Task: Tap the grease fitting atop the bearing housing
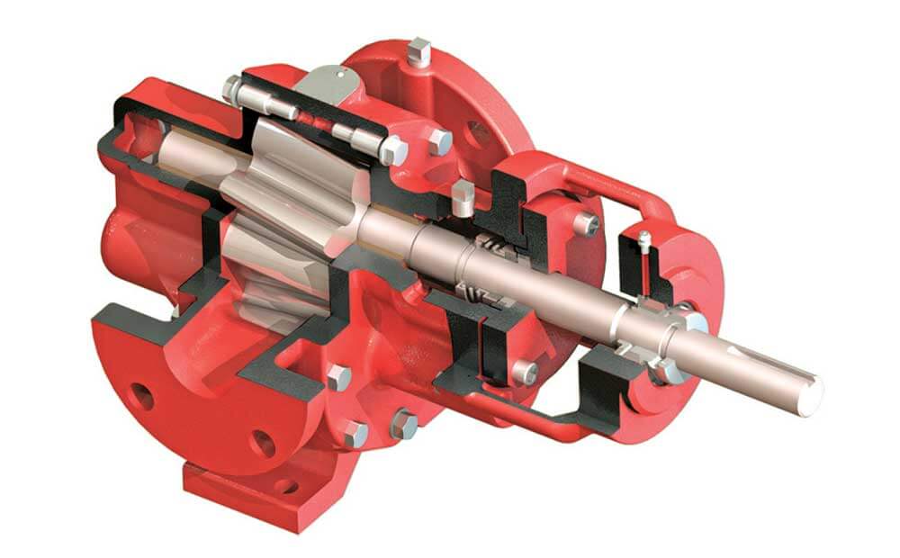pos(645,241)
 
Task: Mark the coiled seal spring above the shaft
pos(491,241)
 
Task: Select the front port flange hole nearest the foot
pos(262,442)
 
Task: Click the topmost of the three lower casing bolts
pos(338,377)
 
